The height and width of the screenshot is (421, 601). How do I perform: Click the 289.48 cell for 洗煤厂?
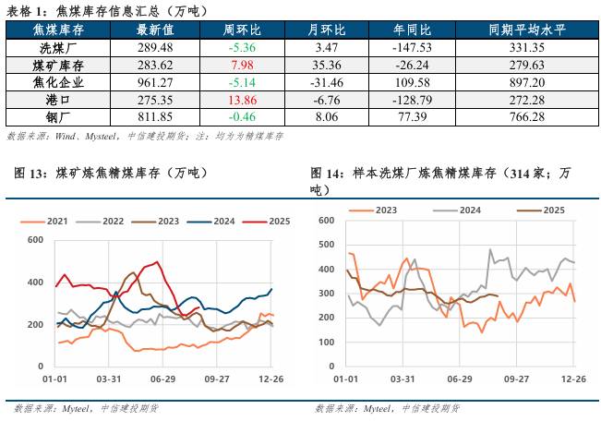[x=153, y=47]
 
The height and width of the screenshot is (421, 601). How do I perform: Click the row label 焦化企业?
[x=57, y=82]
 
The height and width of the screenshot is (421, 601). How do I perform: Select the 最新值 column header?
[x=153, y=30]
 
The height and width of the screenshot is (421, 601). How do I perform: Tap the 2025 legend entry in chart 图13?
[x=279, y=222]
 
